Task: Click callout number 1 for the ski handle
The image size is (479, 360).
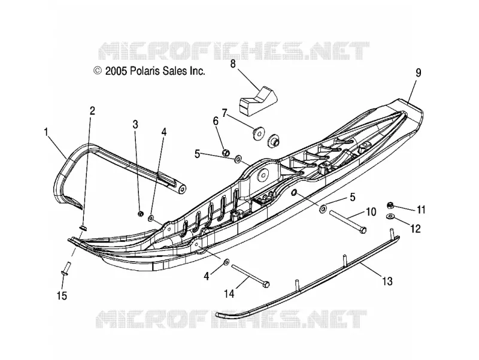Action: click(x=47, y=132)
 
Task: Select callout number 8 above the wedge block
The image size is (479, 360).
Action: click(x=233, y=64)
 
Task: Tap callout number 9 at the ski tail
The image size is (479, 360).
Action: click(x=418, y=72)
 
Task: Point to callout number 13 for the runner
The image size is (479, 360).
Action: click(x=387, y=281)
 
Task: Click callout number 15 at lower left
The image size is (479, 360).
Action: click(x=62, y=295)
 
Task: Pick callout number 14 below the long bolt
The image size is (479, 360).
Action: click(x=229, y=294)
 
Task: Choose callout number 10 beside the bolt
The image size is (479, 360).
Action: click(x=371, y=211)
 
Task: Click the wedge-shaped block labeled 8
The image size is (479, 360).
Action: click(x=257, y=101)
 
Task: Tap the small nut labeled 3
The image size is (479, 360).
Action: click(x=141, y=214)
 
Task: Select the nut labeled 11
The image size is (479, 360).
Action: click(x=390, y=205)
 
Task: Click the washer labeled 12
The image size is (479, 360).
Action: click(x=390, y=216)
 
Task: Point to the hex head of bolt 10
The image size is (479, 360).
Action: click(x=363, y=229)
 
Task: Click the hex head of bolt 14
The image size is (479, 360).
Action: click(x=266, y=284)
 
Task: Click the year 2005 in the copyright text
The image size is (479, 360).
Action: click(x=116, y=71)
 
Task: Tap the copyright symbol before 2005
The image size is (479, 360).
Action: click(x=98, y=71)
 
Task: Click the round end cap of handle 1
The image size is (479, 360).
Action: click(x=182, y=189)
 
